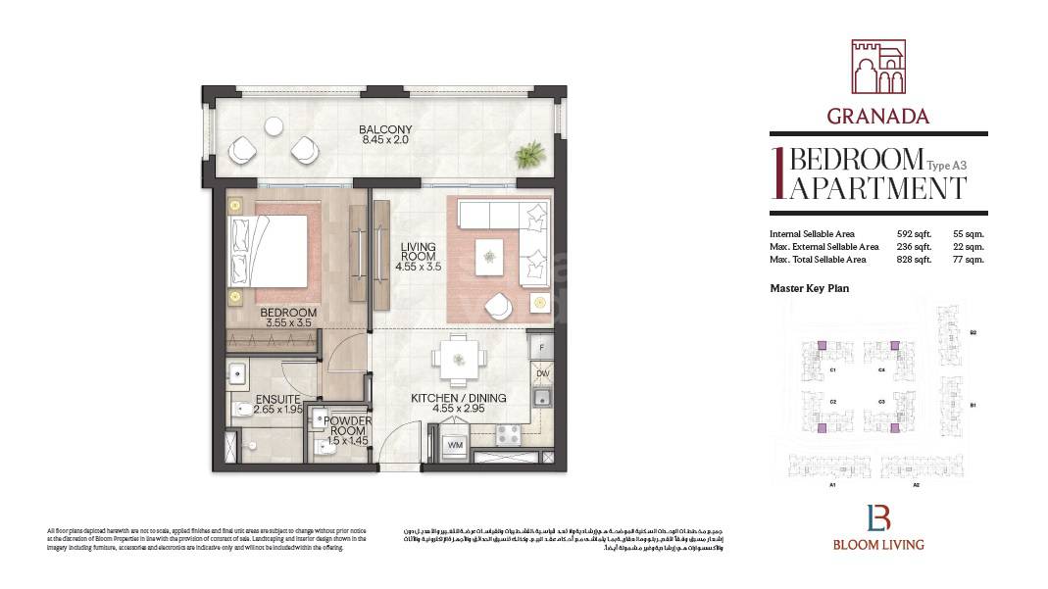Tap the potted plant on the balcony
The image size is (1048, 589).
coord(531,154)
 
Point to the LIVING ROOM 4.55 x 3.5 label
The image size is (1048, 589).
coord(418,258)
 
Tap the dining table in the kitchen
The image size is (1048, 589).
coord(459,359)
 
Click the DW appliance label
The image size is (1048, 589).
coord(542,374)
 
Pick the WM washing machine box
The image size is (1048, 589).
coord(455,446)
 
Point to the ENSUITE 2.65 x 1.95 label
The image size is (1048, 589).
coord(277,405)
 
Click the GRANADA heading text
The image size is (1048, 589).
coord(877,116)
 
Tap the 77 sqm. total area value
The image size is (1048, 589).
coord(969,260)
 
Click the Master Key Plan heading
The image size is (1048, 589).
coord(809,289)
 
